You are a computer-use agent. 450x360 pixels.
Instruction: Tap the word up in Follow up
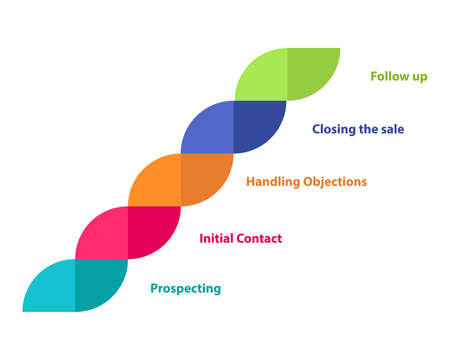[x=419, y=77]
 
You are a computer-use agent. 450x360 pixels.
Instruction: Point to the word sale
[x=393, y=129]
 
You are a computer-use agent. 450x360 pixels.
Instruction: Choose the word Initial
[x=217, y=238]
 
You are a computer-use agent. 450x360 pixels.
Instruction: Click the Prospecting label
[x=186, y=289]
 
